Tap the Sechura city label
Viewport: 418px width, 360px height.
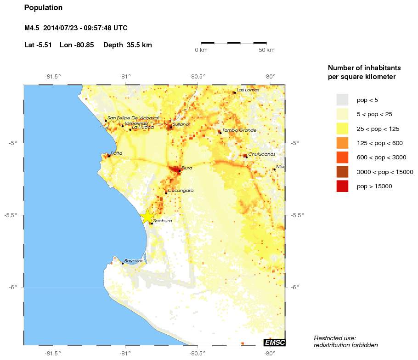click(x=163, y=221)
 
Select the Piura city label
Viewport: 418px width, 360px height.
click(x=186, y=168)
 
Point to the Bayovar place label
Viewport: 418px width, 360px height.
click(x=134, y=261)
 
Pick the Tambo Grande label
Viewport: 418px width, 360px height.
click(x=239, y=130)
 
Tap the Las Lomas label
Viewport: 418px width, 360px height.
click(x=248, y=90)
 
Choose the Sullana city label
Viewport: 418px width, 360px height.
click(x=181, y=124)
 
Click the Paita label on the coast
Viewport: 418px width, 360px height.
click(x=117, y=153)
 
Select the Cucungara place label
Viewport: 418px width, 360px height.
click(x=181, y=190)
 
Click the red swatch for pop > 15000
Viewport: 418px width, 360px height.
click(x=342, y=186)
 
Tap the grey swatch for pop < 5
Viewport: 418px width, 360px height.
click(x=342, y=100)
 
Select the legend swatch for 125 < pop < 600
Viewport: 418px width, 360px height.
click(x=342, y=143)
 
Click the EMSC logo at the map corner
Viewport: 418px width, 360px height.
click(x=274, y=342)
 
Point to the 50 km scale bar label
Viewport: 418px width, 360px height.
click(x=267, y=50)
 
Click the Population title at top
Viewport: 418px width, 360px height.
click(x=43, y=8)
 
